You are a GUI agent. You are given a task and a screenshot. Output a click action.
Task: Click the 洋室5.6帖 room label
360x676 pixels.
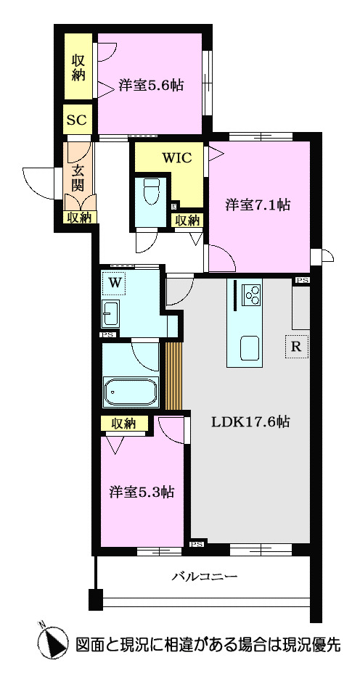point(150,86)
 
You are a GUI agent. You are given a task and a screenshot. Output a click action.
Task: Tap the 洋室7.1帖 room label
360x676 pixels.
point(258,205)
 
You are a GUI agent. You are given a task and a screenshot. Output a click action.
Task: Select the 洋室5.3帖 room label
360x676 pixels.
point(142,492)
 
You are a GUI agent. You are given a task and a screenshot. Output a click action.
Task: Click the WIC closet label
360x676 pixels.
point(177,157)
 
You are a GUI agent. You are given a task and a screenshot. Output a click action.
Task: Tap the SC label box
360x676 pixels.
point(77,120)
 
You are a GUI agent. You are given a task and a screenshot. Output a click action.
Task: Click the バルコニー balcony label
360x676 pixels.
point(205,577)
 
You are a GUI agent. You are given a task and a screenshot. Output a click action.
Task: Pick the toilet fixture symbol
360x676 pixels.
point(152,192)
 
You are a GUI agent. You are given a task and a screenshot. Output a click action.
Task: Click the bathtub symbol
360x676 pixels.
point(131,392)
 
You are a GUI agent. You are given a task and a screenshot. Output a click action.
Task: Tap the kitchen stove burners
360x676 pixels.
point(252,294)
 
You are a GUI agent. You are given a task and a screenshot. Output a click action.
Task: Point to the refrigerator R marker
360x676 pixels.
point(295,347)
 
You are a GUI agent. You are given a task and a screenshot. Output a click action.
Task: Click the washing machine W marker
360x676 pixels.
point(114,282)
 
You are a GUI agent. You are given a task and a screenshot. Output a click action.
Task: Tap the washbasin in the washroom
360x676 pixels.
point(112,313)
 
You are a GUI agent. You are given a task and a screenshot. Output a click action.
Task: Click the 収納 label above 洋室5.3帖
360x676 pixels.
point(124,424)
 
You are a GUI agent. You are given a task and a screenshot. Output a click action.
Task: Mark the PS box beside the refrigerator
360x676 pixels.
point(301,281)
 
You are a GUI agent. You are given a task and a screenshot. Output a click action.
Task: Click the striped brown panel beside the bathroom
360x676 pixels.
point(172,375)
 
